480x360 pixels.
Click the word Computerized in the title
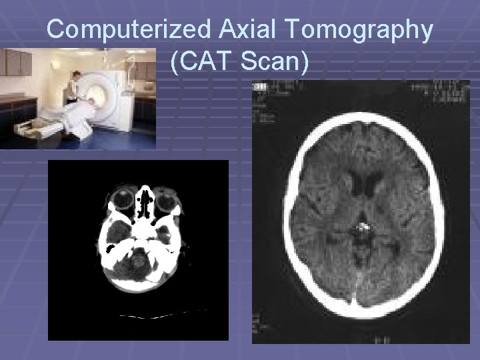point(125,31)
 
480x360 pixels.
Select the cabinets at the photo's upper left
point(20,64)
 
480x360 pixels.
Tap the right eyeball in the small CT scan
point(164,198)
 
